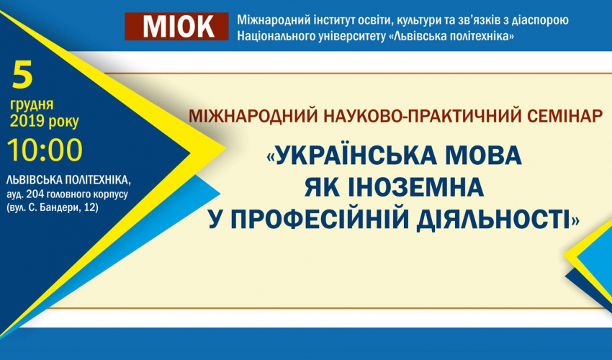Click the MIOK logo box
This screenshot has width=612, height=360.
(176, 26)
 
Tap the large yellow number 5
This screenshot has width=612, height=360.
(22, 74)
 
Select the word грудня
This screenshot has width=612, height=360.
(32, 104)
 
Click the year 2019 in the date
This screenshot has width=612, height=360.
(27, 121)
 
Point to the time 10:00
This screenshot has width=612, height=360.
(45, 150)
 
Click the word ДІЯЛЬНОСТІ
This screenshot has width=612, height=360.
(493, 219)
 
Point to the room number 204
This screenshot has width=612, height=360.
(35, 194)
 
